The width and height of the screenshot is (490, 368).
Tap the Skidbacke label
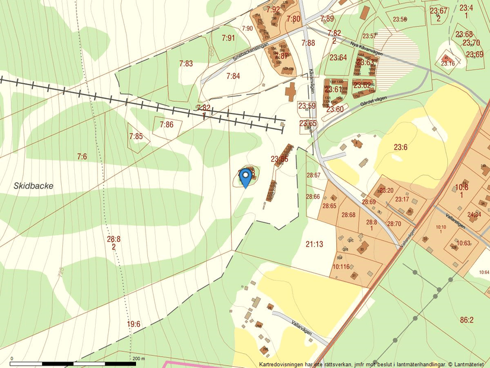[34, 185]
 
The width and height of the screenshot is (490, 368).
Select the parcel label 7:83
[186, 63]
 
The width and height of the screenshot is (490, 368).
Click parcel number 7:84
[233, 76]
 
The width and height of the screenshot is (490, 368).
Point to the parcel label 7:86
[166, 124]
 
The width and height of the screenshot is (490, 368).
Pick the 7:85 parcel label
[136, 136]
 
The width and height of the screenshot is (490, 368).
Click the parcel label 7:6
[82, 156]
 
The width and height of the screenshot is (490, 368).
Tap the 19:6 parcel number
[134, 324]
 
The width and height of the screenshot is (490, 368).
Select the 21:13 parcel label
[314, 244]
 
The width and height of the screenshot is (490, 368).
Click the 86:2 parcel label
[467, 320]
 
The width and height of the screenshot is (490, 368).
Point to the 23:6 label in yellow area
[400, 147]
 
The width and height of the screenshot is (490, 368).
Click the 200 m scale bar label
[138, 358]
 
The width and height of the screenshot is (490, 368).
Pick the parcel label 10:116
[340, 266]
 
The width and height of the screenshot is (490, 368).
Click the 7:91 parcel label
[228, 38]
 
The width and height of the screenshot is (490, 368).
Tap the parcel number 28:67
[313, 175]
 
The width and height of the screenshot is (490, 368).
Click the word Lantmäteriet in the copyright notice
[472, 364]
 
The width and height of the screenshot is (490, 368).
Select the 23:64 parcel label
[339, 58]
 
